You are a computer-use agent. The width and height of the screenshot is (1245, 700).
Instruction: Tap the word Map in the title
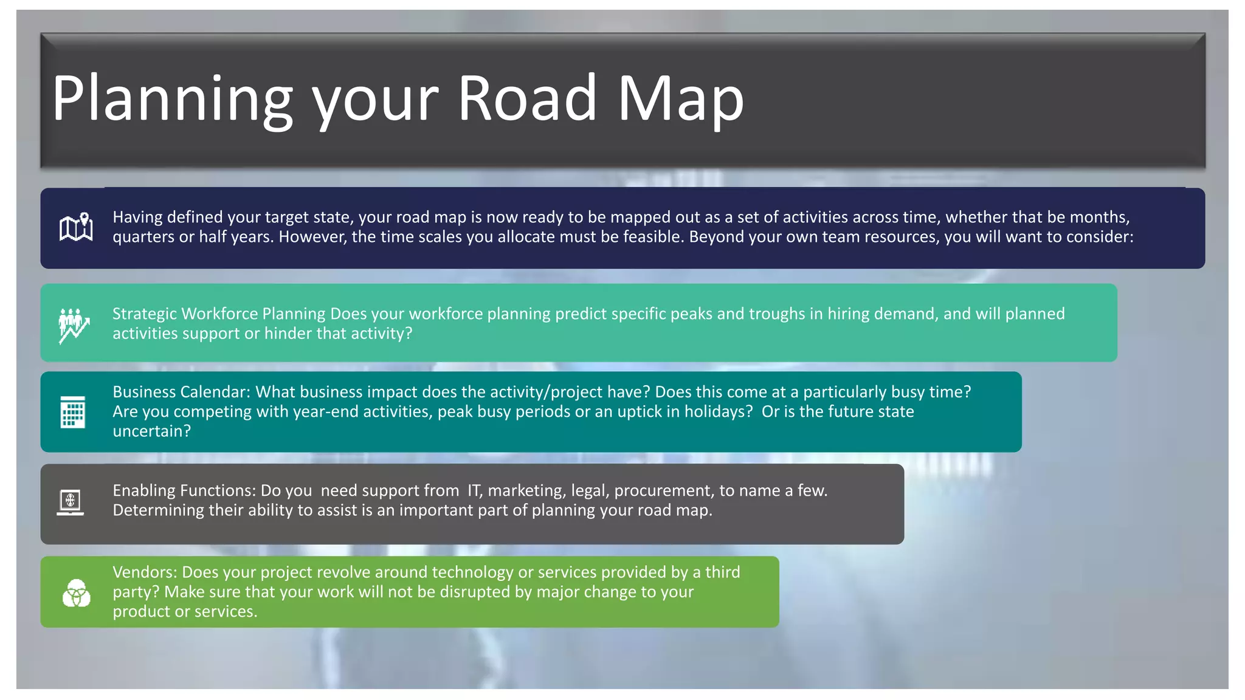(x=680, y=99)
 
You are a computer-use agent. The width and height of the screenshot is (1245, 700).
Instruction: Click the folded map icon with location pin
(x=76, y=228)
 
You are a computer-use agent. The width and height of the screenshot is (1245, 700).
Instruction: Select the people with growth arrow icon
(x=74, y=325)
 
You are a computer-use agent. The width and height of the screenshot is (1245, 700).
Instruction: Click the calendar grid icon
(x=73, y=412)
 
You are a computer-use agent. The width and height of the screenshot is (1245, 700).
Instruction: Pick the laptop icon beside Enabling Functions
(x=71, y=503)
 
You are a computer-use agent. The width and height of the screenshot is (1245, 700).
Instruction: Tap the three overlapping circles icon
(x=77, y=592)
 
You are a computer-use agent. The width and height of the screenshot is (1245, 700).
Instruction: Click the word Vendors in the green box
(x=145, y=572)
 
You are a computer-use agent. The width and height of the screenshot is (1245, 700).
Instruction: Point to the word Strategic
(x=144, y=314)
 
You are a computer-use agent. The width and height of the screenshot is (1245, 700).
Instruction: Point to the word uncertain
(x=151, y=431)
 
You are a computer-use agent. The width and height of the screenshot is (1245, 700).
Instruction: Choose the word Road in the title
(x=527, y=99)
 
